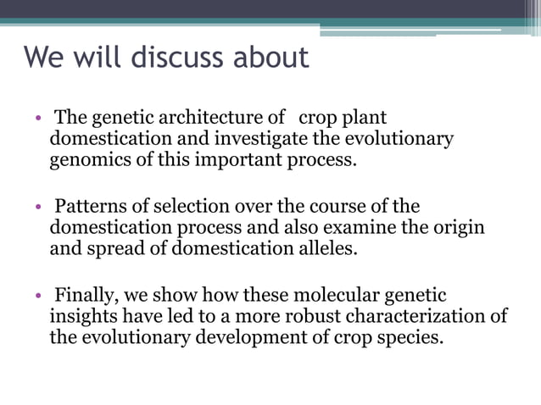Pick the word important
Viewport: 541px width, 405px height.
tap(239, 159)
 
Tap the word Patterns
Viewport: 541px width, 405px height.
tap(88, 207)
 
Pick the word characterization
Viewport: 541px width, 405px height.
tap(411, 317)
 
